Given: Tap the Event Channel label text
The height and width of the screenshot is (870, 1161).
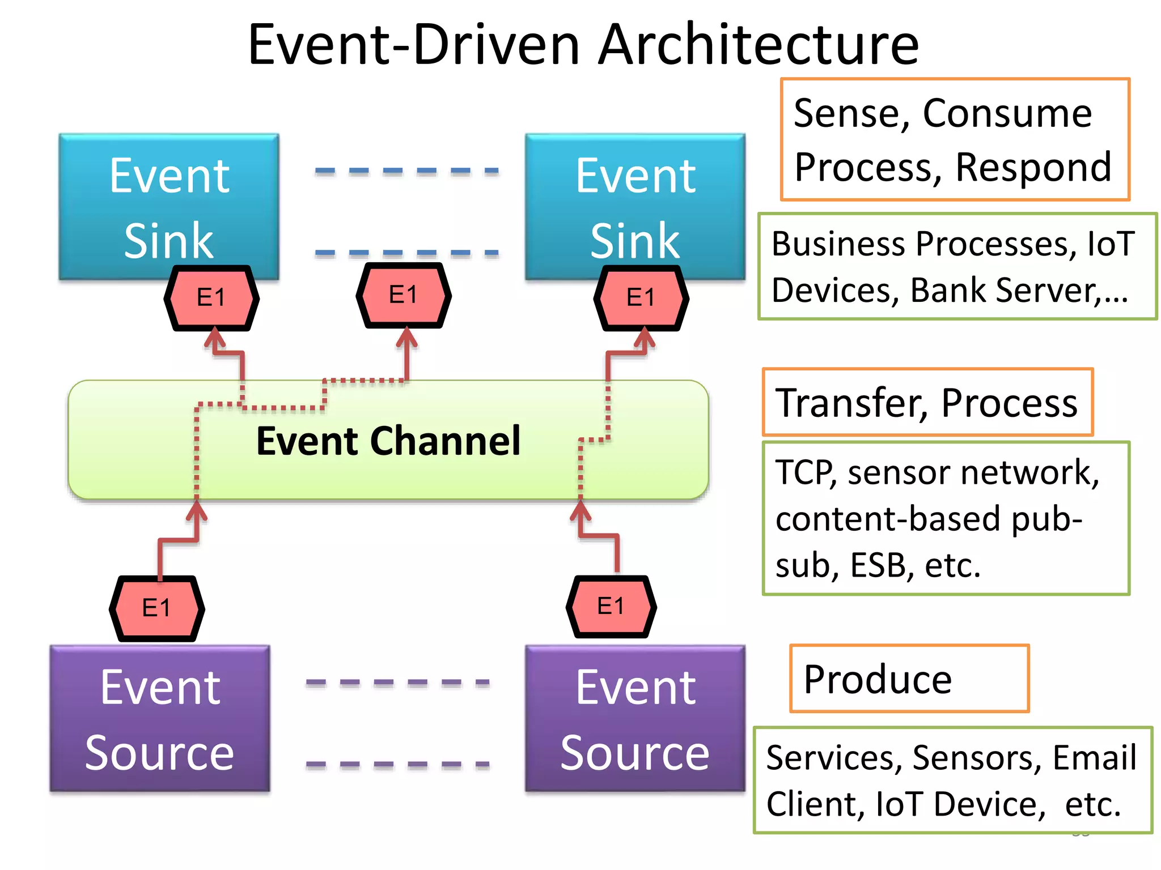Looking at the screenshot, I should click(x=388, y=441).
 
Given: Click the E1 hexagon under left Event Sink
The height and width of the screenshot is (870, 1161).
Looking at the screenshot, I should click(x=211, y=297).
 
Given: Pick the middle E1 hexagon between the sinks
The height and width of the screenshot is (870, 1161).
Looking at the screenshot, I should click(x=403, y=295).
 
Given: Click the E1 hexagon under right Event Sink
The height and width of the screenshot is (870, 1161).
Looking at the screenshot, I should click(x=641, y=297).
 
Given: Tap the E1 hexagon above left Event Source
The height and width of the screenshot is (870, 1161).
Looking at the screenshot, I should click(x=156, y=608).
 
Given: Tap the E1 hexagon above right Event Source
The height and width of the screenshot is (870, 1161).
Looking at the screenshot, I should click(x=611, y=607).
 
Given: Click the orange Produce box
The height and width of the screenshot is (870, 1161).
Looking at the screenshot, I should click(x=909, y=679).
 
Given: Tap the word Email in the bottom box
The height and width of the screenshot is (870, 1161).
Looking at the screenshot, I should click(x=1094, y=758).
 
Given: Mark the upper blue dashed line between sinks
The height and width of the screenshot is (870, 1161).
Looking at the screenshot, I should click(x=406, y=170).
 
